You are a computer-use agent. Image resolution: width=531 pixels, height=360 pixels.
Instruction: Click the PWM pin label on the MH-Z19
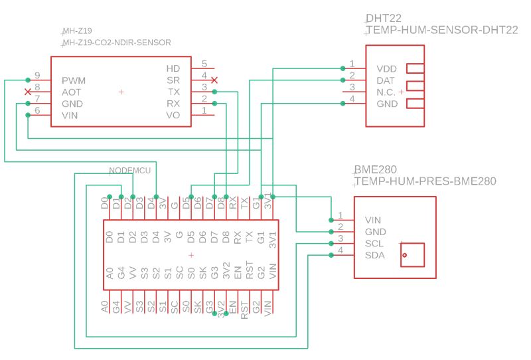tap(74, 80)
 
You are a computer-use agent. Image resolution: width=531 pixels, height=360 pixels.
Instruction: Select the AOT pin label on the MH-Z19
tap(72, 92)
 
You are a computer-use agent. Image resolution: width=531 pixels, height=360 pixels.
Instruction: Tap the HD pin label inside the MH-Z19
tap(173, 68)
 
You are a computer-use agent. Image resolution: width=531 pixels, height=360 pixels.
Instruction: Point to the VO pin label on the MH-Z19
tap(173, 116)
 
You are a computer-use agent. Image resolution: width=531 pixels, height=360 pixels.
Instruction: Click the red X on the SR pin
tap(214, 80)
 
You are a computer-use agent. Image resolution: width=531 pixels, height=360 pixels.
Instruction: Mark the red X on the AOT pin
tap(27, 91)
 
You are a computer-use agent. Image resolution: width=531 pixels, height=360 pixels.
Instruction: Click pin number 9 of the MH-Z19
tap(37, 75)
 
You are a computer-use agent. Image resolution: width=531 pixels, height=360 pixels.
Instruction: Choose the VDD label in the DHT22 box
tap(387, 69)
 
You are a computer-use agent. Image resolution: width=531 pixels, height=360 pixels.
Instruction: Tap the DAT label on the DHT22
tap(386, 80)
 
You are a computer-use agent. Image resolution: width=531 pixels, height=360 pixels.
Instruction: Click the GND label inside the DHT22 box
tap(387, 104)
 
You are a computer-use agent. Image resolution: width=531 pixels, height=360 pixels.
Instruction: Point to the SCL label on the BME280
tap(374, 244)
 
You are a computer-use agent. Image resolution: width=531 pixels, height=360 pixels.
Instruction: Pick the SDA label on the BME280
tap(374, 256)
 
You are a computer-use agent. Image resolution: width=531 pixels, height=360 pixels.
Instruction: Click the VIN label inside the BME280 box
tap(373, 220)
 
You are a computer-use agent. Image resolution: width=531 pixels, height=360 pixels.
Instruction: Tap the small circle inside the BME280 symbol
tap(404, 255)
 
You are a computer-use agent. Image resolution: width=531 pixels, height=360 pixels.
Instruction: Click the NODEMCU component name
tap(130, 171)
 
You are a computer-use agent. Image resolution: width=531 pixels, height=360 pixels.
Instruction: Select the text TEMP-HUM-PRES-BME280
tap(425, 181)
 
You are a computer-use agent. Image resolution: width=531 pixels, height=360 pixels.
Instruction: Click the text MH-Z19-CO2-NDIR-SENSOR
tap(116, 43)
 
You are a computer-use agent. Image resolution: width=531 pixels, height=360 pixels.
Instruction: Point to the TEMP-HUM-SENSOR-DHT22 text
tap(441, 31)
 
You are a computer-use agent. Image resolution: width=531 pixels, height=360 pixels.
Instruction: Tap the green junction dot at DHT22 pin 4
tap(342, 103)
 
